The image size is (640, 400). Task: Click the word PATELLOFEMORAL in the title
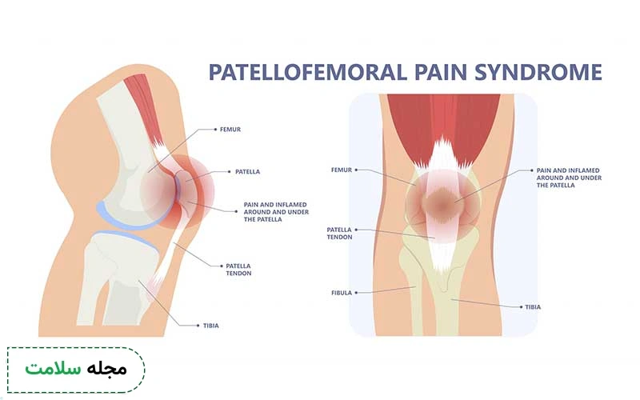308,72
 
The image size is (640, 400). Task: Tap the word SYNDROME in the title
538,72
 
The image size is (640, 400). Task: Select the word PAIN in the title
441,72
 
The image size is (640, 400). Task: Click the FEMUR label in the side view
230,130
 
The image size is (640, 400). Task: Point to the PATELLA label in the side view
247,172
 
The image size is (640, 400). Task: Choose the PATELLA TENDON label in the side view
238,270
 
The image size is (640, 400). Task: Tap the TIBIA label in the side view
211,326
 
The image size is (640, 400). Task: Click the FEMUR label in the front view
342,170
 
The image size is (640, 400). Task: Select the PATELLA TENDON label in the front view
339,234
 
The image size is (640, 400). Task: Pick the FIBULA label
342,293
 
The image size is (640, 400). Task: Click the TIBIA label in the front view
533,307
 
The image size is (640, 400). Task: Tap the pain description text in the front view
569,178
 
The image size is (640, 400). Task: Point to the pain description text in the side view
276,212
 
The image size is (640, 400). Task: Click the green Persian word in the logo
53,369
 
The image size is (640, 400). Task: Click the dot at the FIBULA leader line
356,293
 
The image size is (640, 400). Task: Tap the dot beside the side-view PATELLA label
229,172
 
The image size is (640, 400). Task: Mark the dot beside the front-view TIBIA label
521,307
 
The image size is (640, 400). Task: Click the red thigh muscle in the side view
144,108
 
